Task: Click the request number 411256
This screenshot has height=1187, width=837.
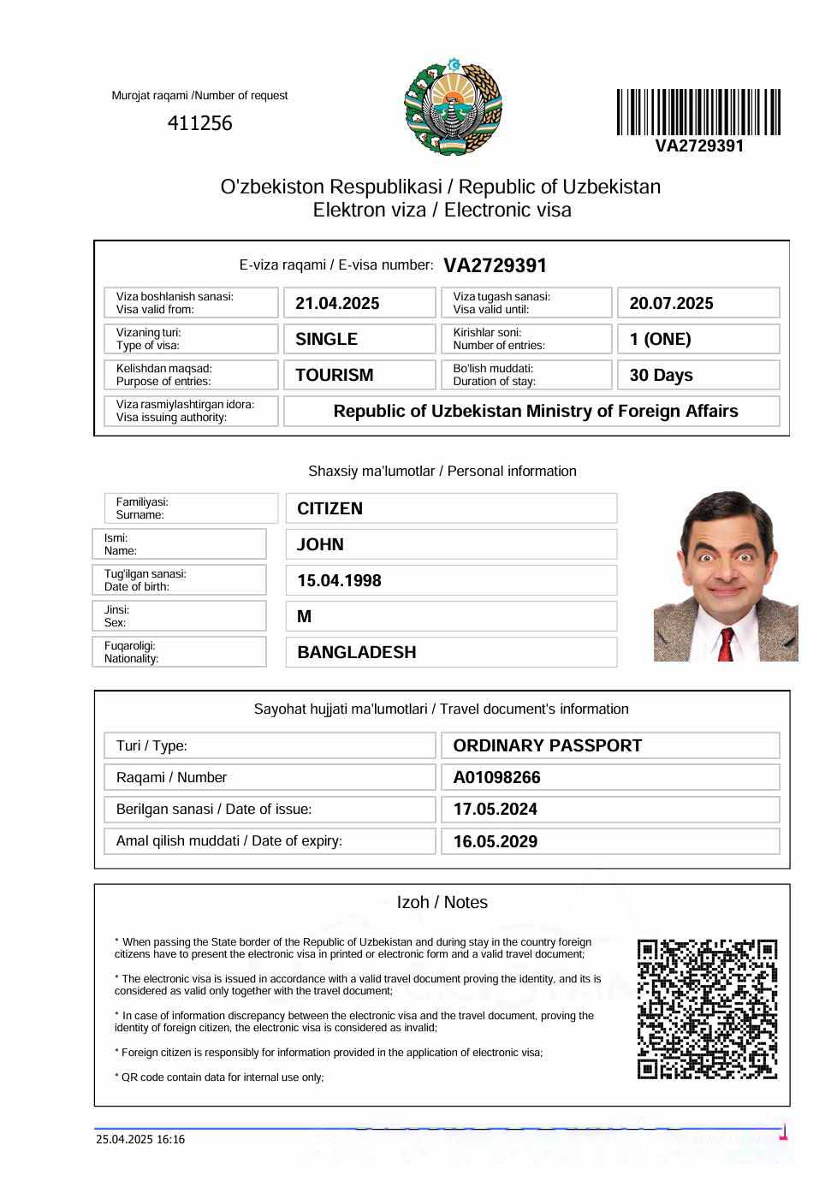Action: pos(199,123)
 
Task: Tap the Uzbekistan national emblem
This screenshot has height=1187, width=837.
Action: pos(453,107)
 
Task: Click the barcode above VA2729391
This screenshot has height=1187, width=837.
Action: pos(698,112)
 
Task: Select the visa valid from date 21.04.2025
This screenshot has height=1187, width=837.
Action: pos(337,304)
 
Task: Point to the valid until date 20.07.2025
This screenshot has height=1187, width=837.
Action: pos(671,304)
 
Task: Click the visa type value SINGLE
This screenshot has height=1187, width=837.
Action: pos(326,340)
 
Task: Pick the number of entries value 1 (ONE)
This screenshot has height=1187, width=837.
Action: pos(660,340)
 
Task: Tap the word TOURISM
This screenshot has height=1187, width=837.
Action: pos(334,376)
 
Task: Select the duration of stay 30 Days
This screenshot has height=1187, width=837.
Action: pos(661,376)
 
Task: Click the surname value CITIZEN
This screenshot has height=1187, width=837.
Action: pos(329,509)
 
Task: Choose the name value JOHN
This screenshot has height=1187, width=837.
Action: pos(320,545)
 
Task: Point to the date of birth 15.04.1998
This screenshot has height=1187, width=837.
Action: pos(339,581)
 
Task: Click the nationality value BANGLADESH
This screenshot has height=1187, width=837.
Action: pos(356,653)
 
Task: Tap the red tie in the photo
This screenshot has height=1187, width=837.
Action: pos(726,644)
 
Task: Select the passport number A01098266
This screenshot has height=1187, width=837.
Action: pos(496,778)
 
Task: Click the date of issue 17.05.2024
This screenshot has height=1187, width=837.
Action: pos(495,810)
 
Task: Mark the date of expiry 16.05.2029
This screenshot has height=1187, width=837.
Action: pos(495,842)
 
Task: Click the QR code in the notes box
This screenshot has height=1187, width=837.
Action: pos(707,1009)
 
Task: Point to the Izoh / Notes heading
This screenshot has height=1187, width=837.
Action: pos(442,903)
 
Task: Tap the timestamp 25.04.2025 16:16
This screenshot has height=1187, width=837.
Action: pos(140,1139)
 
